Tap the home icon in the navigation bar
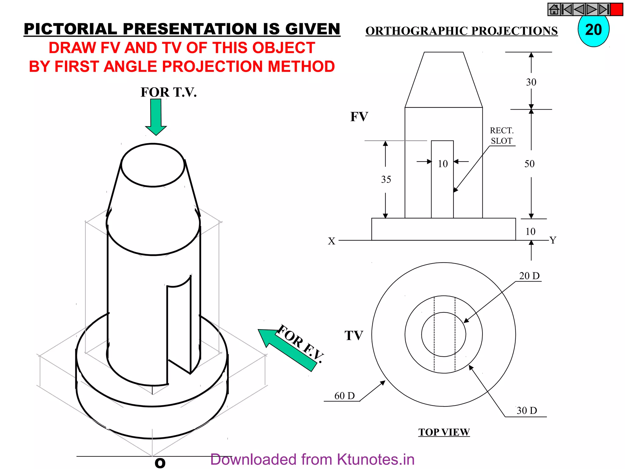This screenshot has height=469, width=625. coord(554,9)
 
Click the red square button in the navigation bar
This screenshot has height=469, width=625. coord(617,9)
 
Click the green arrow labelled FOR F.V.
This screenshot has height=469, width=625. coord(287,350)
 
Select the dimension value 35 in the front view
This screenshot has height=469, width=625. coord(386,180)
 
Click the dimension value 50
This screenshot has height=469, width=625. coord(529,164)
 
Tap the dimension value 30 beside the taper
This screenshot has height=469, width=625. coord(531,82)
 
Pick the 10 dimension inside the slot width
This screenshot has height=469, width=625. coord(443,164)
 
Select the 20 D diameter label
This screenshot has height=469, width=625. coord(529,276)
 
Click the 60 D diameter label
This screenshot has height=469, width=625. coord(344,396)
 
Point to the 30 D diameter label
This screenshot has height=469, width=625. coord(527,411)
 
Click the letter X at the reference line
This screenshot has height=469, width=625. coord(331,241)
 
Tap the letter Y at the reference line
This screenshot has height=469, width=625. coord(553,240)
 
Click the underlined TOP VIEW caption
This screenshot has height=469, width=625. coord(444,432)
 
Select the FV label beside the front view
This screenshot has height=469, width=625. coord(359,117)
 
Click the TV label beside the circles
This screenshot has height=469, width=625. coord(354,336)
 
